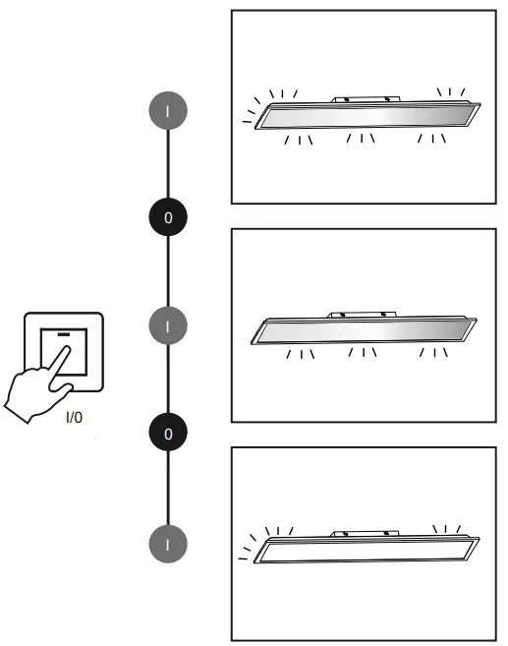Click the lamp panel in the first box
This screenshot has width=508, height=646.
pos(363,117)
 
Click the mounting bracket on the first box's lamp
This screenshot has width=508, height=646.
pos(365,99)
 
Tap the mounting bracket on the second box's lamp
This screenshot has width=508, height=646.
pos(365,315)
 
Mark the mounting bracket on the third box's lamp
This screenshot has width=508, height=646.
pos(365,534)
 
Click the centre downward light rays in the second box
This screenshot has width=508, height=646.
pos(362,353)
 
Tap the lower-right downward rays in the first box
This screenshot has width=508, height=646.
pos(431,138)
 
